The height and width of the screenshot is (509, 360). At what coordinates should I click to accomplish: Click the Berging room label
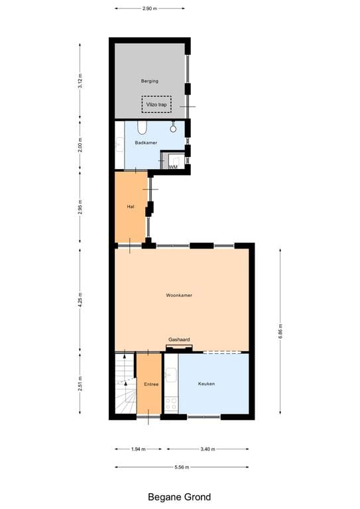[149, 81]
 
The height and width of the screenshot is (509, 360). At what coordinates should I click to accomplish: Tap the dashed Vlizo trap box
[156, 105]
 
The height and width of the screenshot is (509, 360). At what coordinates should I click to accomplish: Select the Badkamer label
[145, 142]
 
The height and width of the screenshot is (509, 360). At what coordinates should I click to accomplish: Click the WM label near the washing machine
[172, 167]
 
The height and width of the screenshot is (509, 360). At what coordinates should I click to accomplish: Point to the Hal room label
[131, 207]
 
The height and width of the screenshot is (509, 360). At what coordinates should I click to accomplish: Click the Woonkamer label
[179, 295]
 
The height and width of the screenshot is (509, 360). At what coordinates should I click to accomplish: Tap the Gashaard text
[179, 339]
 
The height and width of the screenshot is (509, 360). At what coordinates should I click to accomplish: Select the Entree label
[150, 384]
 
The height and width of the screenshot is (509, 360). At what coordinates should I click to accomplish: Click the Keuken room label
[206, 384]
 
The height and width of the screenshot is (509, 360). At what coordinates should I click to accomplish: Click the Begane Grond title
[180, 496]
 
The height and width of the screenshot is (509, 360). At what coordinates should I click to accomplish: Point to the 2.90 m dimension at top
[150, 9]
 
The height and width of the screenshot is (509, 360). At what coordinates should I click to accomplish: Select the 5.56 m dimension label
[182, 467]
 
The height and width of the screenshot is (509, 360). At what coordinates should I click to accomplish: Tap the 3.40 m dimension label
[207, 449]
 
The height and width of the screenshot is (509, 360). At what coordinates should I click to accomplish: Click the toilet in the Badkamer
[142, 127]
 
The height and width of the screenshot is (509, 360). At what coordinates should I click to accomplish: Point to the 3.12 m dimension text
[80, 82]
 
